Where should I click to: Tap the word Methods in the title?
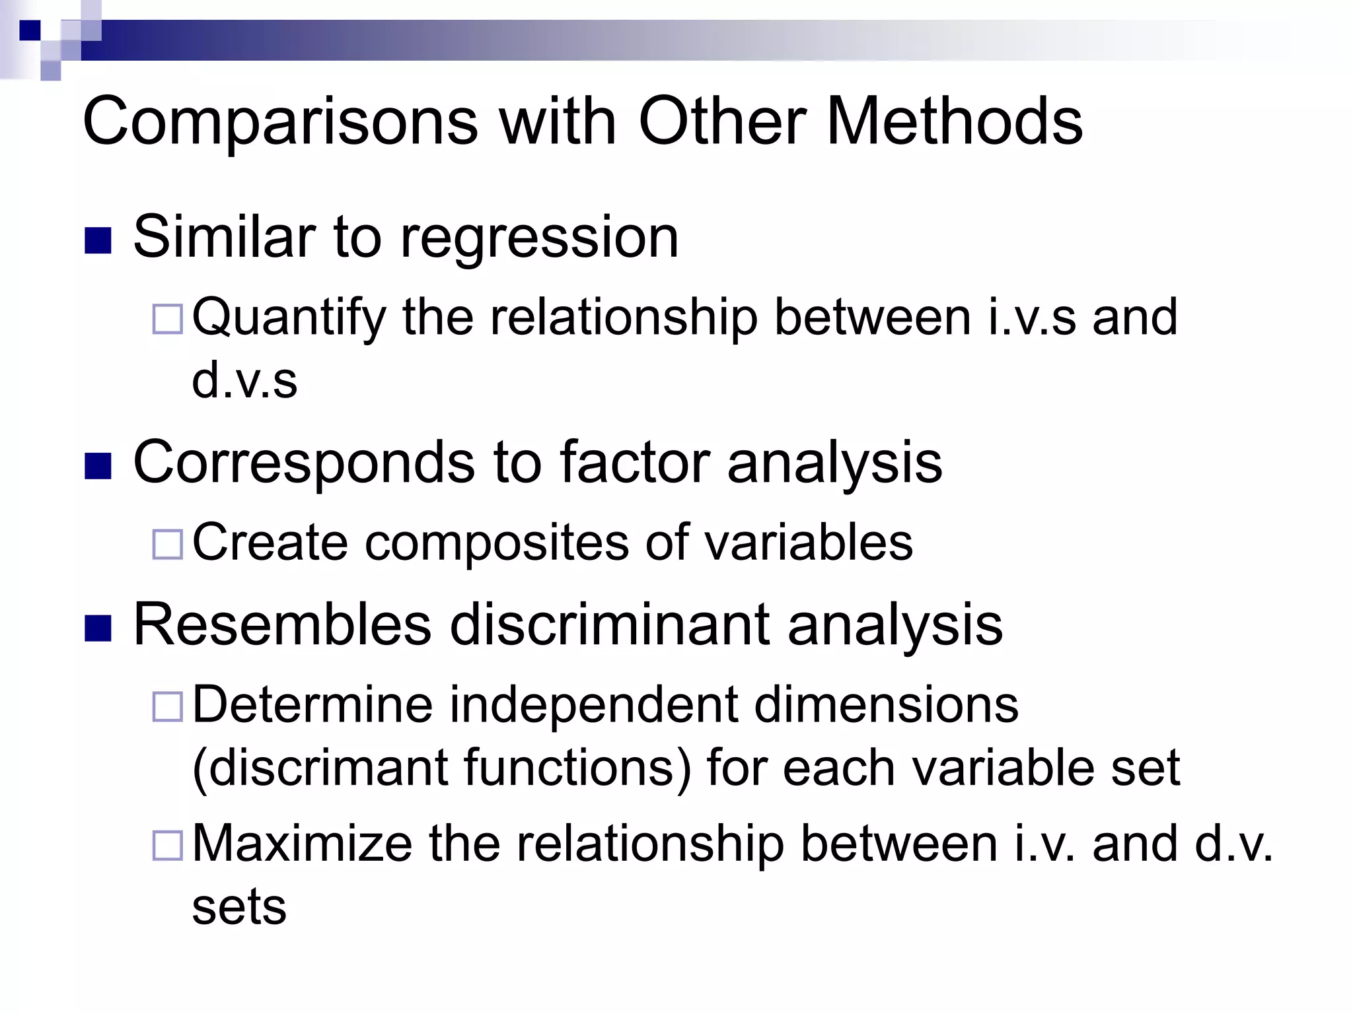[954, 121]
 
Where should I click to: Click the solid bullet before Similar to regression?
[98, 240]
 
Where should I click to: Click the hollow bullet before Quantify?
[167, 320]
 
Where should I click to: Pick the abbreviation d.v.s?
[244, 381]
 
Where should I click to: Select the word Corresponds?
[303, 462]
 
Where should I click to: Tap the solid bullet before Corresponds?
[98, 465]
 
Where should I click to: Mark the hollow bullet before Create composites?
[167, 545]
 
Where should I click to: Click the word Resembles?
[282, 625]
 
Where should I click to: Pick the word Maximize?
[302, 844]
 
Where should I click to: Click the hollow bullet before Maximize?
[167, 846]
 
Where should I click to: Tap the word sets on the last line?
[239, 907]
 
